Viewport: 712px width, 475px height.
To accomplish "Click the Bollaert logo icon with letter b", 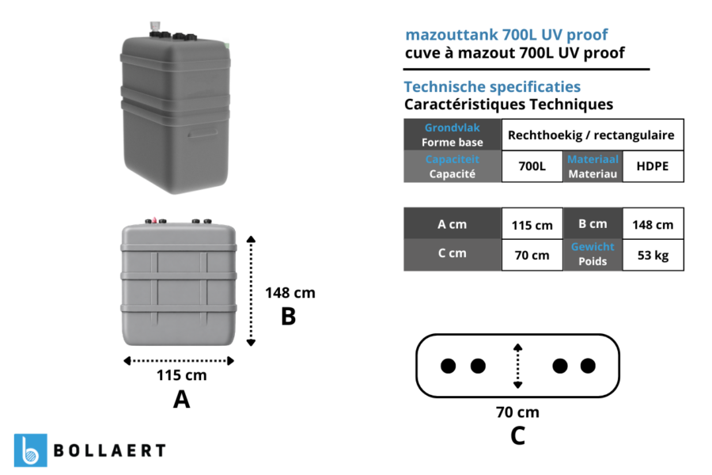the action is (30, 450).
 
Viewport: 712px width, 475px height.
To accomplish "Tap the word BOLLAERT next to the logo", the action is (110, 450).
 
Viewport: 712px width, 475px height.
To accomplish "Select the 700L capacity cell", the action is (532, 166).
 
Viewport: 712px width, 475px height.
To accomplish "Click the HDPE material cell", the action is (653, 166).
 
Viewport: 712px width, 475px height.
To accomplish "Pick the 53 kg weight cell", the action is (653, 255).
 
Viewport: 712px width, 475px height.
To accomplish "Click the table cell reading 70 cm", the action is (532, 255).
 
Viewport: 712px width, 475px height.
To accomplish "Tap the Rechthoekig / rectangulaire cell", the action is (593, 135).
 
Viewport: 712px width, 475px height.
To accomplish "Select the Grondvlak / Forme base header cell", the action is (453, 135).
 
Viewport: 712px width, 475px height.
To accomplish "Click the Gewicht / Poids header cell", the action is (593, 255).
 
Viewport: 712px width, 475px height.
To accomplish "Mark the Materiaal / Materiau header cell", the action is (593, 166).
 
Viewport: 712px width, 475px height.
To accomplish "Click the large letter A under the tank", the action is (182, 400).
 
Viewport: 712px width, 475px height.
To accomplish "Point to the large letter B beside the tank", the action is (288, 317).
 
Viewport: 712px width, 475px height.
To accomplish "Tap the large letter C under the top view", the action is (517, 436).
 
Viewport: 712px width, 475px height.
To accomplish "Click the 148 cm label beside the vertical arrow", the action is (290, 293).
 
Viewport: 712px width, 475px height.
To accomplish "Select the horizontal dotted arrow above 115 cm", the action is (179, 361).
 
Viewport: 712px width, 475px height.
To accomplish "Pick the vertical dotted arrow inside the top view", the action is (517, 366).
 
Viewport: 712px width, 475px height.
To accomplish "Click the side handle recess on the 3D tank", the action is (203, 133).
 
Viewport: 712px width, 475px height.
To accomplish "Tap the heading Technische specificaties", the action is (492, 87).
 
